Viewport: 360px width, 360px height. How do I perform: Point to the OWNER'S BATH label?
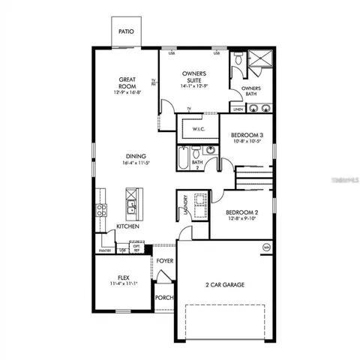click(x=251, y=91)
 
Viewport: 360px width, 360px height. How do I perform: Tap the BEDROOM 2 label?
click(x=242, y=213)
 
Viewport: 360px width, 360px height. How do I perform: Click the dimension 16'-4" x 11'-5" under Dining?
click(x=136, y=163)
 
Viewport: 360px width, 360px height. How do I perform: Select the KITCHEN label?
click(x=127, y=225)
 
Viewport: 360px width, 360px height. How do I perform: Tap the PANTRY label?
click(x=106, y=250)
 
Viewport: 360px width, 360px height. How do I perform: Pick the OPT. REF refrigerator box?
click(x=137, y=247)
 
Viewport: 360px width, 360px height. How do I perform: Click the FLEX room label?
click(x=124, y=277)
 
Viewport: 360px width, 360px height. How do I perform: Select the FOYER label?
click(x=164, y=260)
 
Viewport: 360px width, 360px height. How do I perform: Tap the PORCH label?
click(x=164, y=298)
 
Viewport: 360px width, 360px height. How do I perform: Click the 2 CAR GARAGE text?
click(x=225, y=284)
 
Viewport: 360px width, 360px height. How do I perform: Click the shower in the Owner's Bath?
click(x=260, y=58)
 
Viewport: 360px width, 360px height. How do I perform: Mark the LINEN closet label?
click(x=238, y=109)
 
